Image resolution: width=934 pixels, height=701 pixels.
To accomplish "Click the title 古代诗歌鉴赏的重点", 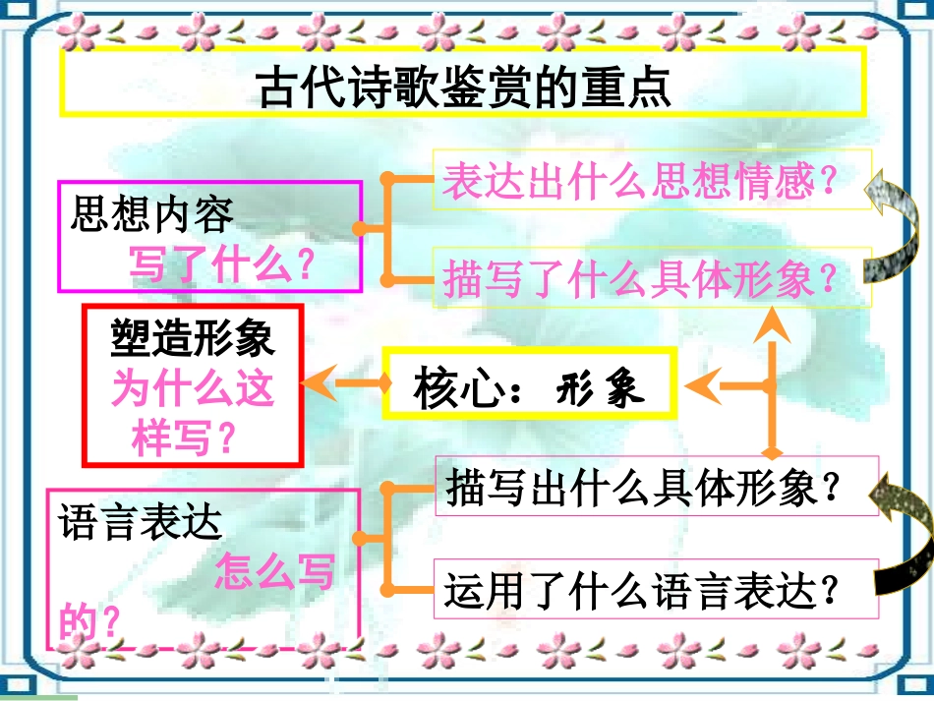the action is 463,88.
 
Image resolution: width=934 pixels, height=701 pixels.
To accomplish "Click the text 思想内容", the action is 152,213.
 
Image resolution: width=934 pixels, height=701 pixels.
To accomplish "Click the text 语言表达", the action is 141,521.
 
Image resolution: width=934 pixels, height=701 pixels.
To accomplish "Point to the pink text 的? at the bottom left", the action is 88,621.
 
